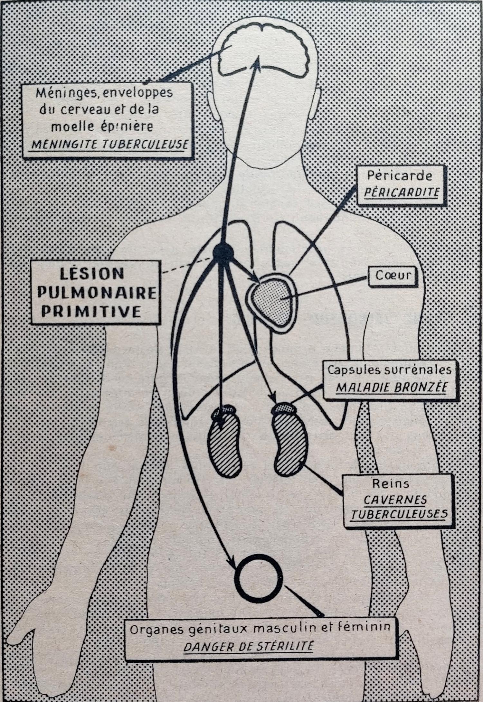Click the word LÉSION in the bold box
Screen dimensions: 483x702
point(92,274)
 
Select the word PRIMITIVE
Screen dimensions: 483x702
point(91,311)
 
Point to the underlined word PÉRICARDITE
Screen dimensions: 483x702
point(402,192)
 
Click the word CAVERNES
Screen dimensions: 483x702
point(395,500)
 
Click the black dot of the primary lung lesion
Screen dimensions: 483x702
point(223,252)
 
